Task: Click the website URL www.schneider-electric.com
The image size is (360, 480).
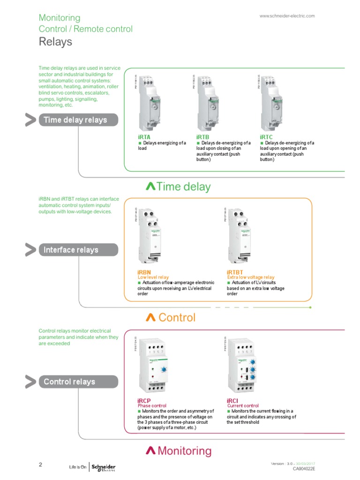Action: click(287, 16)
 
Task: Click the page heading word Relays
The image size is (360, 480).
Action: click(55, 42)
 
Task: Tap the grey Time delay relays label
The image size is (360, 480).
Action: click(75, 120)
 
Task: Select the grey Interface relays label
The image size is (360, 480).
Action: click(71, 250)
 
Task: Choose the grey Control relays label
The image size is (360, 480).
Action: click(69, 382)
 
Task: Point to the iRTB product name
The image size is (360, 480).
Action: click(202, 137)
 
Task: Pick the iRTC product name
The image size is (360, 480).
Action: click(266, 137)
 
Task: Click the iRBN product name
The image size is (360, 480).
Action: click(144, 272)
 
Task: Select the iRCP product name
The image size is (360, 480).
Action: click(144, 401)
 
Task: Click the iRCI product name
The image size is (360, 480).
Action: click(233, 401)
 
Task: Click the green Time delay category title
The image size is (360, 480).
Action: click(178, 187)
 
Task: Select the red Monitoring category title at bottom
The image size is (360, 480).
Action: click(179, 451)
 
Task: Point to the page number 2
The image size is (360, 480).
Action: click(40, 465)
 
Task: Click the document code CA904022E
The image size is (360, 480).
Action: click(304, 468)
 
